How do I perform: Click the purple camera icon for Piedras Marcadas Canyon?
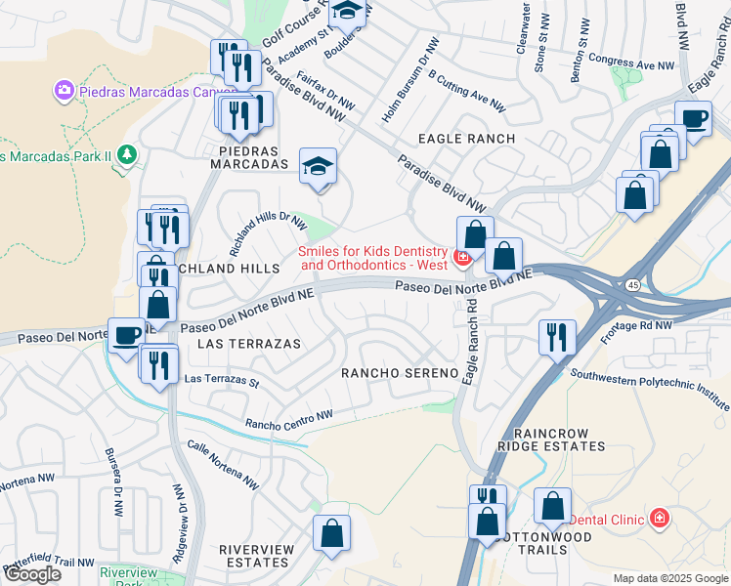point(64,91)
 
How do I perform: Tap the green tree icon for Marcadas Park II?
point(125,154)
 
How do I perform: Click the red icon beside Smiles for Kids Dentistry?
point(462,258)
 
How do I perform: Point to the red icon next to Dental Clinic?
point(660,517)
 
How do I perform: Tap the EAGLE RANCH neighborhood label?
point(466,139)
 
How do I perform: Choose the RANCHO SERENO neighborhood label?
point(399,373)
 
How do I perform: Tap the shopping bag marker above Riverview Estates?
point(331,533)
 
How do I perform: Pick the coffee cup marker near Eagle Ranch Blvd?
point(694,119)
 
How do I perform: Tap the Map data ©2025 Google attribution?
point(669,578)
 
